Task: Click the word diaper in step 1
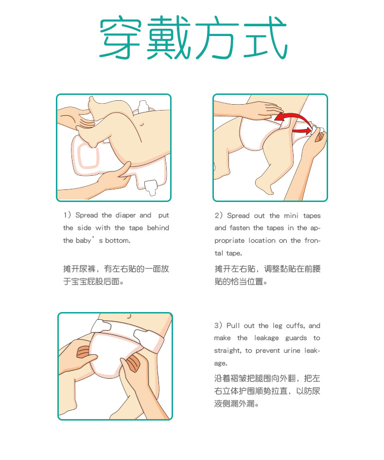point(125,215)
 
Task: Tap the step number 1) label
point(67,215)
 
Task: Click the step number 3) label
point(218,326)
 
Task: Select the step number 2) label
point(219,216)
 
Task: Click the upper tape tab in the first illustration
point(142,106)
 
